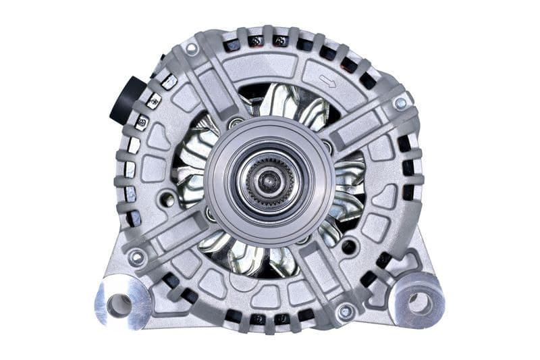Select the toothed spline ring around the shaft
click(270, 180)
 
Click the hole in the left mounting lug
click(119, 305)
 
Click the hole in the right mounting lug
click(420, 303)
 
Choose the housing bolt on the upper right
click(400, 103)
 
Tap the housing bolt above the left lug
click(137, 257)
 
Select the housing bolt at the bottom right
click(346, 311)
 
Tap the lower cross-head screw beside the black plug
click(142, 122)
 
